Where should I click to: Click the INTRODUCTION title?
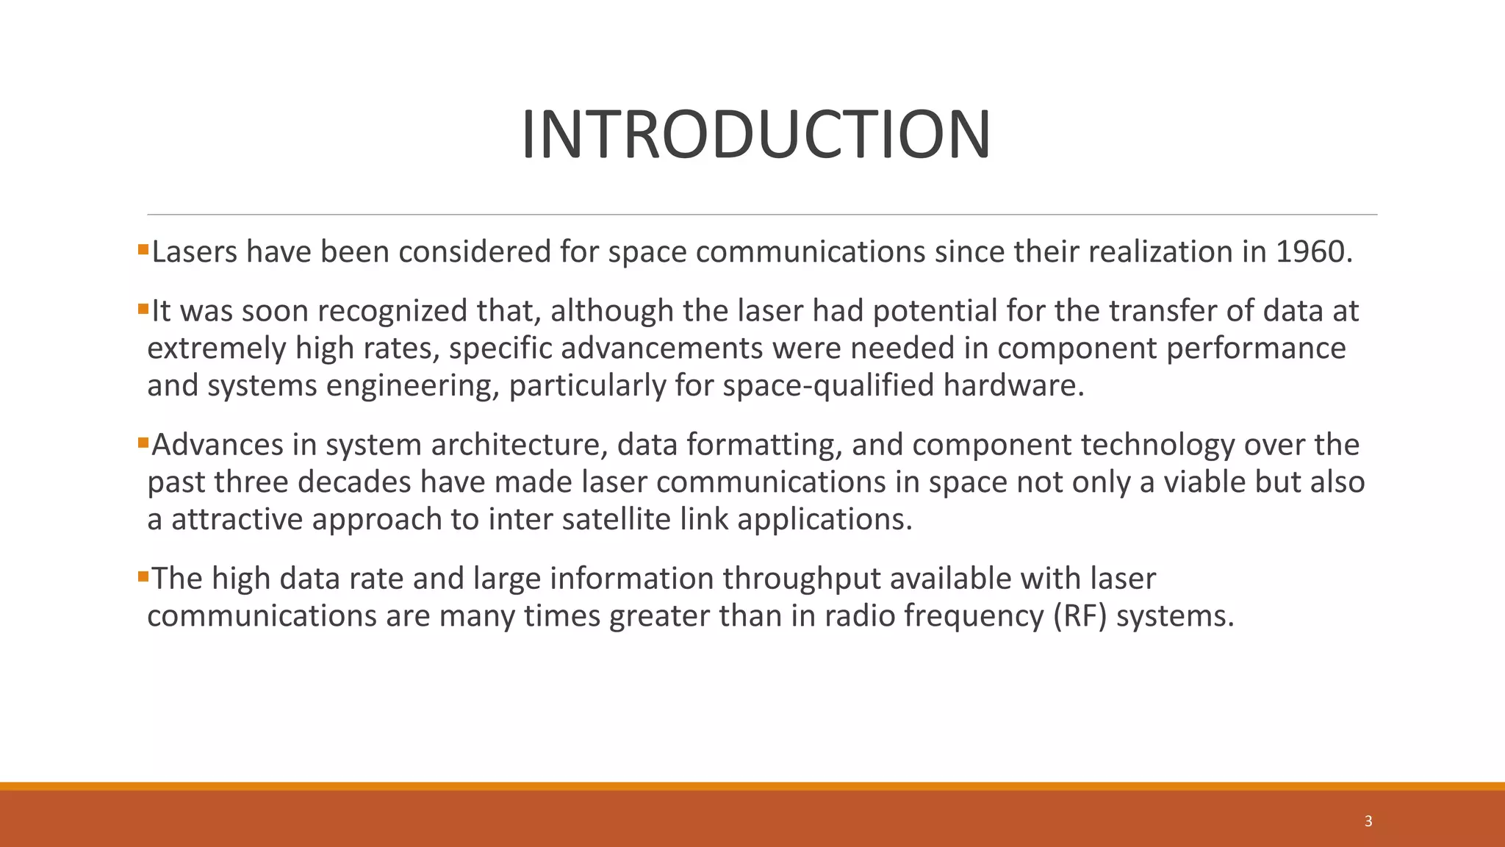(x=755, y=134)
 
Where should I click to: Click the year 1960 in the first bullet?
(x=1312, y=252)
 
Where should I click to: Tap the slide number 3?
(x=1368, y=821)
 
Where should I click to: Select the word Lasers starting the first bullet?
(x=194, y=252)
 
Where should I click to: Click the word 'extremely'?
(x=216, y=349)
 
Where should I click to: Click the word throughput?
(x=801, y=579)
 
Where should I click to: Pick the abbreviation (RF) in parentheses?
(x=1080, y=616)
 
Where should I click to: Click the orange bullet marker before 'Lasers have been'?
(x=143, y=250)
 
